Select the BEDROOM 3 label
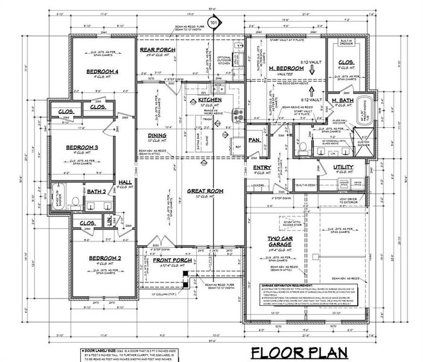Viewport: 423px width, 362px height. click(81, 147)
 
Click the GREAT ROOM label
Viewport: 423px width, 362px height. click(205, 191)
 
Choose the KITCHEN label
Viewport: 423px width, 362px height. click(211, 98)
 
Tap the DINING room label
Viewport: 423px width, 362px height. click(157, 135)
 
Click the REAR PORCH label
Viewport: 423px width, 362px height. click(156, 50)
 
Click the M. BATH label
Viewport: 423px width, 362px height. click(342, 100)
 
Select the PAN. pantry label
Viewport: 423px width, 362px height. click(254, 139)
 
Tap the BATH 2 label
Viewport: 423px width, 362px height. click(96, 192)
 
